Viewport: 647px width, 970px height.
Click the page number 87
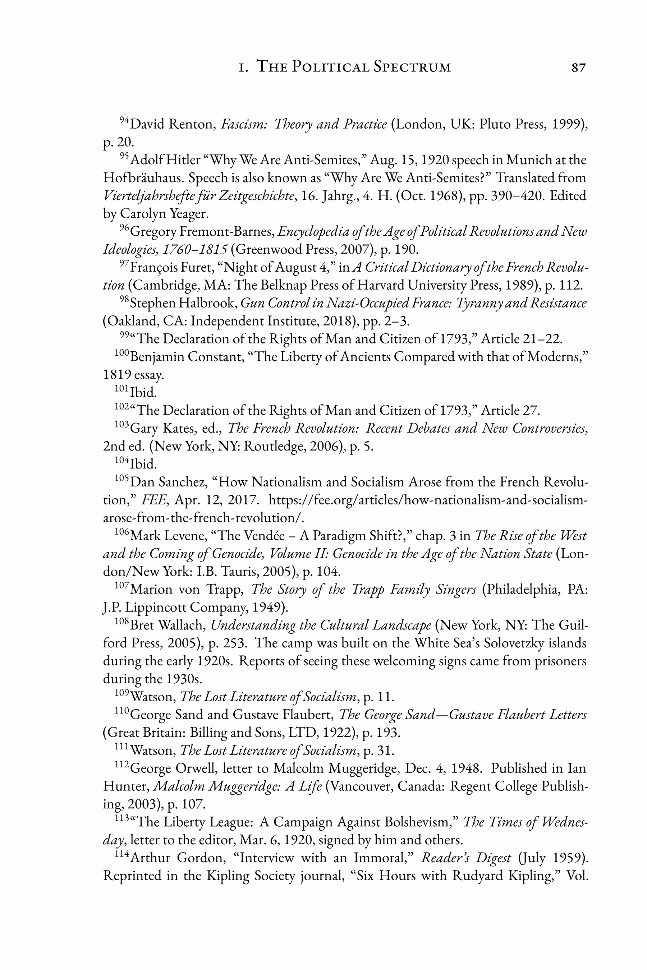click(578, 67)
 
